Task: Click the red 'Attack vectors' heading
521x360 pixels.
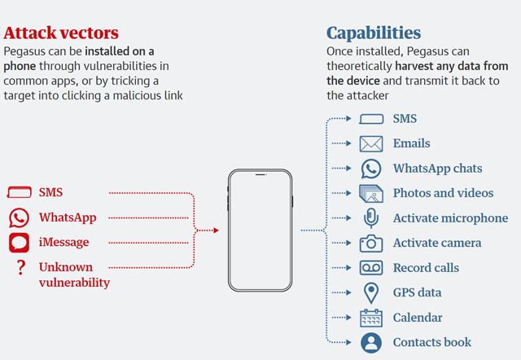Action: pyautogui.click(x=61, y=33)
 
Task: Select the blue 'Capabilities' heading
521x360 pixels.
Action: pyautogui.click(x=374, y=33)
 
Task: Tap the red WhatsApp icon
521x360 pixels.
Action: pyautogui.click(x=19, y=218)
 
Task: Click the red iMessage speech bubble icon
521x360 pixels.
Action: pyautogui.click(x=19, y=243)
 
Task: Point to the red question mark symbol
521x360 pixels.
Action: pyautogui.click(x=21, y=267)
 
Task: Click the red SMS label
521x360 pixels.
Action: pyautogui.click(x=50, y=192)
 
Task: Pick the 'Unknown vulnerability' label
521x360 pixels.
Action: pyautogui.click(x=74, y=274)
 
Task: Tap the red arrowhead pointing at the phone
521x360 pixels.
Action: pyautogui.click(x=217, y=230)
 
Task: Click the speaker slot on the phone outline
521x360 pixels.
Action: pyautogui.click(x=260, y=174)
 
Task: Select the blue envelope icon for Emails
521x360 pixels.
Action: pyautogui.click(x=371, y=143)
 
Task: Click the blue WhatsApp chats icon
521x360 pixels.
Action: pyautogui.click(x=371, y=169)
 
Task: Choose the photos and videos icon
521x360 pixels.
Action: pyautogui.click(x=371, y=194)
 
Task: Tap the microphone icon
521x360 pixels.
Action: pyautogui.click(x=371, y=218)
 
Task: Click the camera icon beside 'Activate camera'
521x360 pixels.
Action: pyautogui.click(x=371, y=244)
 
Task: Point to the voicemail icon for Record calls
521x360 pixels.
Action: pyautogui.click(x=371, y=268)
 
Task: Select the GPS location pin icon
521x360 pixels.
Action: pyautogui.click(x=371, y=293)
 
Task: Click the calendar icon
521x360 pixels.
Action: pyautogui.click(x=371, y=318)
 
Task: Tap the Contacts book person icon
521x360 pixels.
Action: pyautogui.click(x=371, y=343)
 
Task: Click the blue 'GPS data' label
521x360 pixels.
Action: pyautogui.click(x=417, y=292)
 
